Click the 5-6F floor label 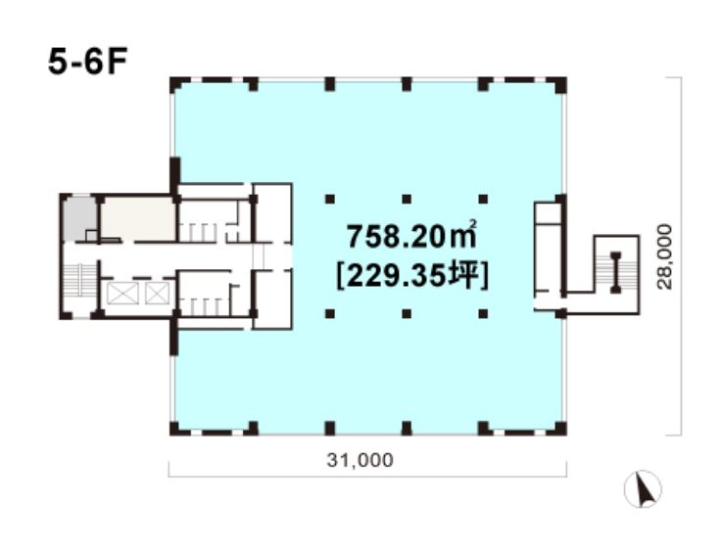point(87,62)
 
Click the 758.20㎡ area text point(411,236)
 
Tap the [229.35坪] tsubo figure point(412,277)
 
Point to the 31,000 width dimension point(360,460)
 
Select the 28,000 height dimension point(664,256)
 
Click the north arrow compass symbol point(643,489)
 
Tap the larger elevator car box point(122,294)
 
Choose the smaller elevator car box point(157,294)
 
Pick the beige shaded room point(138,219)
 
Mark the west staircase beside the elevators point(79,281)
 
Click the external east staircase point(616,273)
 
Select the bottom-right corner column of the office point(556,428)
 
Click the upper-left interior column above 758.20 point(330,199)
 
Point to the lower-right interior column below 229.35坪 point(483,314)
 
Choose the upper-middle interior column point(407,199)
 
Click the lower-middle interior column point(407,314)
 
